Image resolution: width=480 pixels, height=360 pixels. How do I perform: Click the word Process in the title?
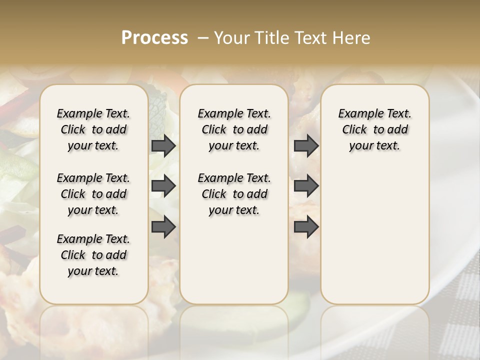(x=154, y=38)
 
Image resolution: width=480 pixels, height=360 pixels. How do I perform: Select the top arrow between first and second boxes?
(x=163, y=146)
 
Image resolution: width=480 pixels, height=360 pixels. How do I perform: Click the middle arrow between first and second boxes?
(x=163, y=186)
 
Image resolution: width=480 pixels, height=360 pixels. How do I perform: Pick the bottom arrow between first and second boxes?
(x=163, y=227)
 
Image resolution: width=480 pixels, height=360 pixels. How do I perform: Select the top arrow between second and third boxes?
(x=306, y=146)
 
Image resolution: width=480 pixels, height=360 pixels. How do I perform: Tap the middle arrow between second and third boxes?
(x=306, y=186)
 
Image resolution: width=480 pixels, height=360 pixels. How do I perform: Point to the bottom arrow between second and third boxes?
(x=306, y=227)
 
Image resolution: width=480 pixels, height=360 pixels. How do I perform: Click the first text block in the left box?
(x=93, y=129)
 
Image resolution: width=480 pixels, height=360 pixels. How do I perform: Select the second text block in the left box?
(x=93, y=194)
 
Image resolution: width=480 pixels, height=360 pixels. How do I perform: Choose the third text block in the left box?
(x=93, y=255)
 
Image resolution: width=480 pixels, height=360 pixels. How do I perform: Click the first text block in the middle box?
(x=234, y=129)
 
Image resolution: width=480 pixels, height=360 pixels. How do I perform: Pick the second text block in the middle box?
(x=234, y=194)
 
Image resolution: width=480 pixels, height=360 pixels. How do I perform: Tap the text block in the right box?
(x=374, y=129)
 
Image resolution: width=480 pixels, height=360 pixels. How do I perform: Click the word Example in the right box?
(x=355, y=114)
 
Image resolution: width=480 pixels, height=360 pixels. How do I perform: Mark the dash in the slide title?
(x=203, y=38)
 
